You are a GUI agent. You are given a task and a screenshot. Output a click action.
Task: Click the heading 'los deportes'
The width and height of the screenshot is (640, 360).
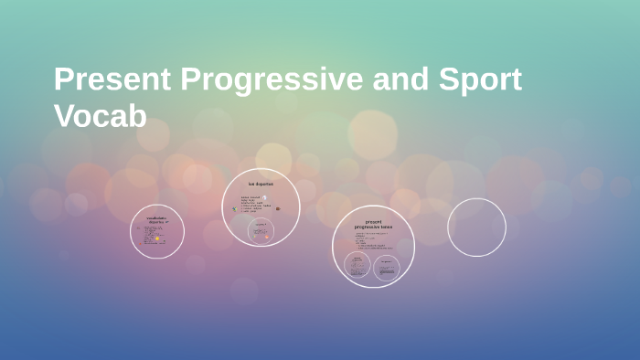click(x=261, y=184)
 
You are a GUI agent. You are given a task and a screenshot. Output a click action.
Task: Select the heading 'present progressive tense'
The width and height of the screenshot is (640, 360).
click(x=373, y=225)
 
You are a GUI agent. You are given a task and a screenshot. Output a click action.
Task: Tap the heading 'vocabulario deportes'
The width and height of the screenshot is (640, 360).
click(x=156, y=220)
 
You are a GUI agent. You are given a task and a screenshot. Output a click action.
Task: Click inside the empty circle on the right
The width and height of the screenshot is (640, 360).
click(x=476, y=228)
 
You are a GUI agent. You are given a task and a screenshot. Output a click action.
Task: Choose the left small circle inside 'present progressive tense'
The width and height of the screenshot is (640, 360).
click(x=357, y=266)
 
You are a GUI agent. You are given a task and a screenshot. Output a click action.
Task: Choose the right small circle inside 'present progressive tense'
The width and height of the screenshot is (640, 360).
click(x=386, y=267)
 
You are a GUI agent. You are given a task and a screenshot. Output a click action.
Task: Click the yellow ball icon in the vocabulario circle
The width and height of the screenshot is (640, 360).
click(x=157, y=238)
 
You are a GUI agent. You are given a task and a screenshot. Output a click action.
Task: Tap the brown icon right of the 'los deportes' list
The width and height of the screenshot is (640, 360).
click(x=278, y=208)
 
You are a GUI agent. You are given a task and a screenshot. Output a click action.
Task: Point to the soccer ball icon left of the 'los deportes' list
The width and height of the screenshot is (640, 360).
click(x=234, y=209)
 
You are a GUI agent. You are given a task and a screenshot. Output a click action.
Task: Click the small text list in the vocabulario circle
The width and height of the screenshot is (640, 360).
click(x=149, y=234)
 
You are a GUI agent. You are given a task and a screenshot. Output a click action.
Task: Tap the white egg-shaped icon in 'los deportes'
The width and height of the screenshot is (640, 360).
click(x=264, y=197)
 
